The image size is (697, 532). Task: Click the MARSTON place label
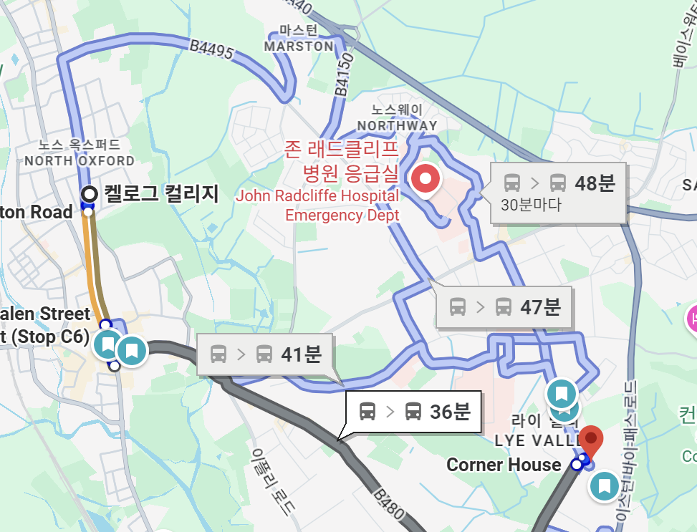coord(299,46)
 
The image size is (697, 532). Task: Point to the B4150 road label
coord(345,74)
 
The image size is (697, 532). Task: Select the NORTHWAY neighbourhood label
coord(397,125)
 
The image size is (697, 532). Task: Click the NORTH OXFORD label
coord(80,160)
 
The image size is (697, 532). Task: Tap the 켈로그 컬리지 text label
coord(161,193)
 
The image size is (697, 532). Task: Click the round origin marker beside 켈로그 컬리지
coord(90,193)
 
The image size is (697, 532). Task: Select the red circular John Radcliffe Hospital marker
coord(427,178)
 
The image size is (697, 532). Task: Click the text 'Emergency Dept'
coord(342,214)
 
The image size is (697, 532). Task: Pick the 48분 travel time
coord(595,183)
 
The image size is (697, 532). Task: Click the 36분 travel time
coord(450,411)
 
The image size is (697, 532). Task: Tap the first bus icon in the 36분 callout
coord(367,411)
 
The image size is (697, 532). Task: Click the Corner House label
coord(504,465)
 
